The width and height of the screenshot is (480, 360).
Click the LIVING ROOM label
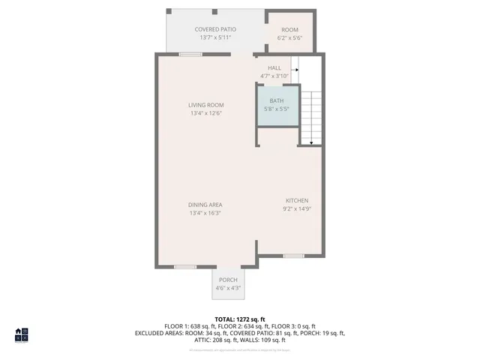[205, 105]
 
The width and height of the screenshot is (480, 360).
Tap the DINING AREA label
[205, 205]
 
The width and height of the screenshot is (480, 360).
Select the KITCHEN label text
[296, 200]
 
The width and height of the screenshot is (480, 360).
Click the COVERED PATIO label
[215, 29]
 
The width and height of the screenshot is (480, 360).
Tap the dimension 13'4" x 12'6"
[205, 113]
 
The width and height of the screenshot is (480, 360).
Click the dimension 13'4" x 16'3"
[205, 213]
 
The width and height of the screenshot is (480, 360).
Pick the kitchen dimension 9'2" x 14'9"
[296, 208]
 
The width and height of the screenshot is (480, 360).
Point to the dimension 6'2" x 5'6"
[289, 37]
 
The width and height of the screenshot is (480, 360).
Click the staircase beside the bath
[310, 116]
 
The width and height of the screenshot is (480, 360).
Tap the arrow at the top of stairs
[295, 70]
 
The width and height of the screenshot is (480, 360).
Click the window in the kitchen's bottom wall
[293, 256]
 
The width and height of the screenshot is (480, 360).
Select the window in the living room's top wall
[190, 54]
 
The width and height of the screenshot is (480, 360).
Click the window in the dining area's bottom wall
[185, 266]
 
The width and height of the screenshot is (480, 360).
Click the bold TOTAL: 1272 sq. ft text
[239, 319]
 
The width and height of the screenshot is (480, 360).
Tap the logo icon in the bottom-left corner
[21, 334]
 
